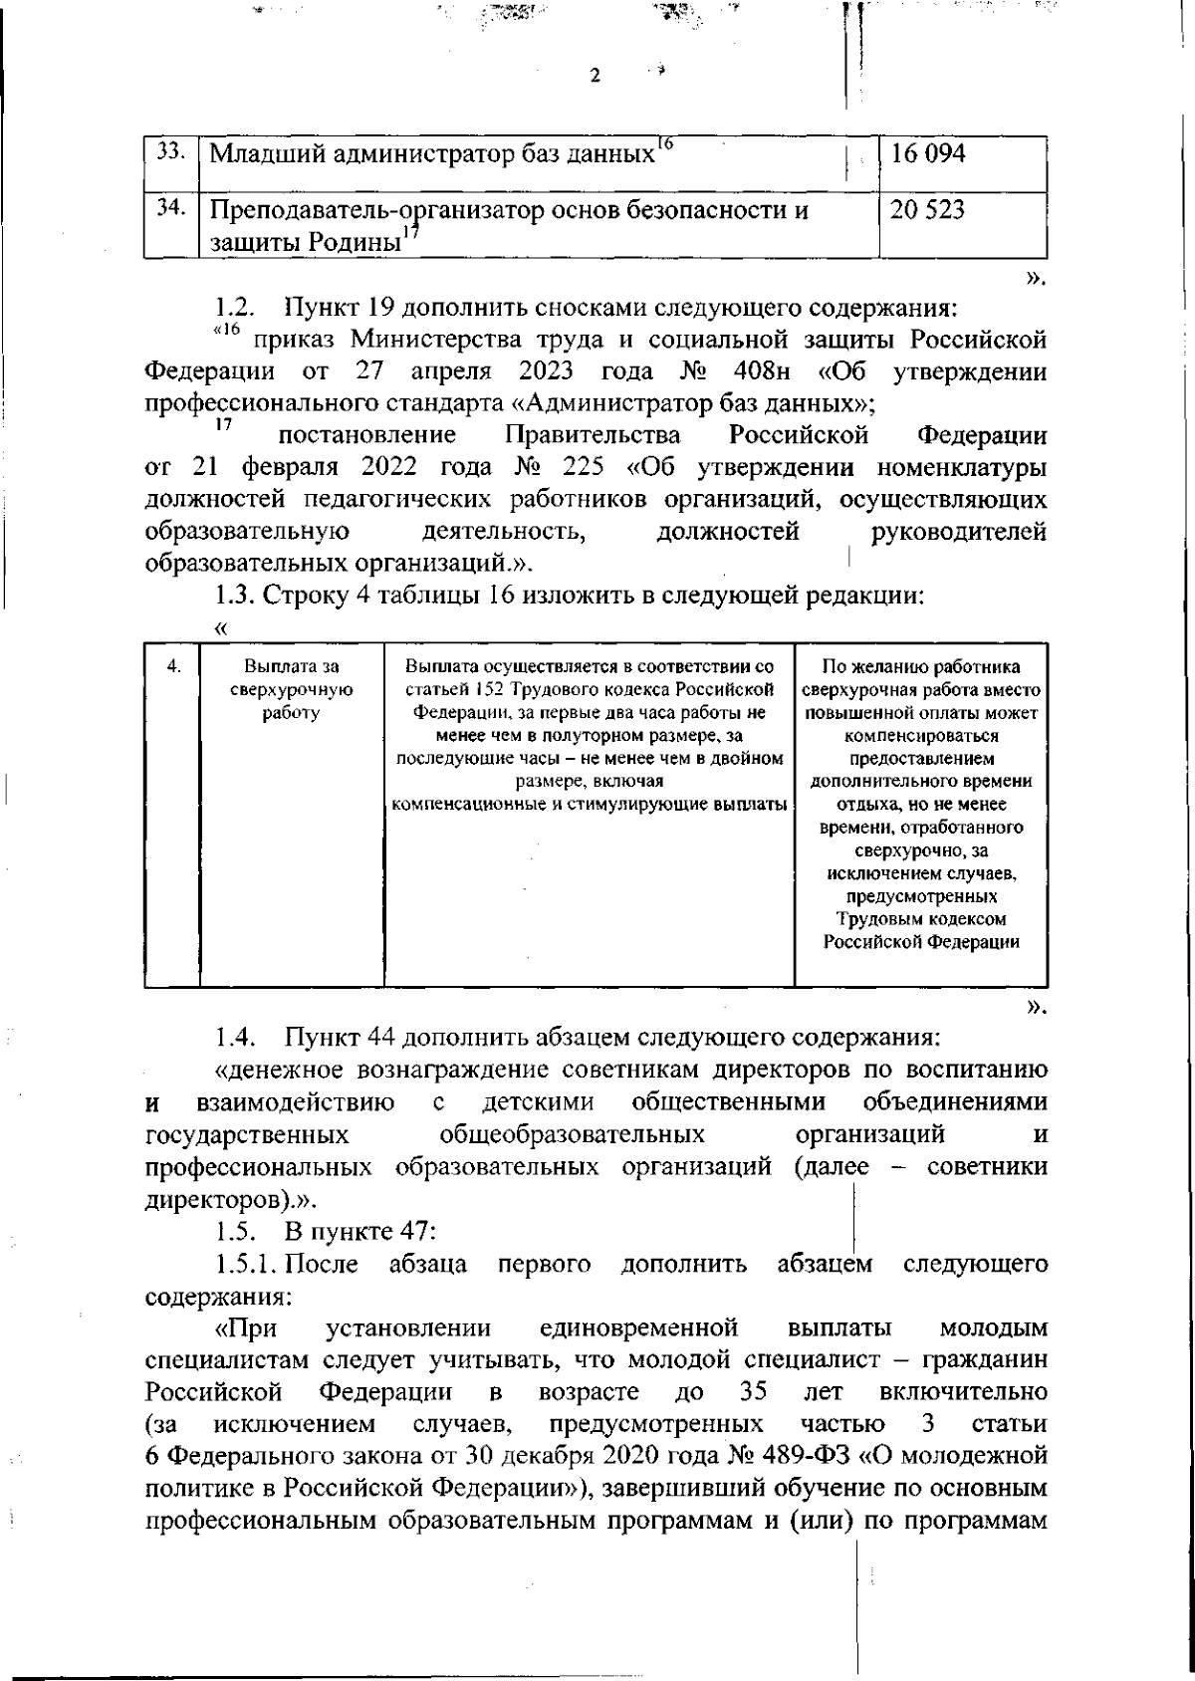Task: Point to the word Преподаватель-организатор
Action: pos(387,211)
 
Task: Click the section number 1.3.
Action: pos(237,597)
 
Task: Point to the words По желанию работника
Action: pos(921,667)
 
